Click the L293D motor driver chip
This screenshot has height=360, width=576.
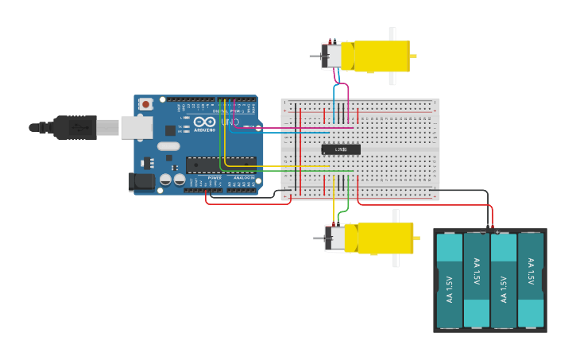click(x=341, y=149)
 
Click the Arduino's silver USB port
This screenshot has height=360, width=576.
click(x=136, y=127)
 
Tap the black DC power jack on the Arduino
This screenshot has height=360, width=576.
click(x=141, y=182)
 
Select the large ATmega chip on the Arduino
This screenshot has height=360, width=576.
click(x=221, y=165)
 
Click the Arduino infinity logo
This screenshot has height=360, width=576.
click(x=203, y=122)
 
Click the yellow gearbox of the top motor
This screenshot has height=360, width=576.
click(x=381, y=56)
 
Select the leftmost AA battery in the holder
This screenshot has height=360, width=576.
click(x=450, y=281)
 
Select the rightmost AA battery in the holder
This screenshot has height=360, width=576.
click(x=531, y=281)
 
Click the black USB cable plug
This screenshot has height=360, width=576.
click(x=75, y=127)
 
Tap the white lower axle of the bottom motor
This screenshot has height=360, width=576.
click(x=396, y=260)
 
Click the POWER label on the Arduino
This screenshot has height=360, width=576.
click(x=215, y=178)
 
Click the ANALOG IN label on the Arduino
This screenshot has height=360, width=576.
click(x=244, y=178)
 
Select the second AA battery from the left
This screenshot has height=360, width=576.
click(x=477, y=281)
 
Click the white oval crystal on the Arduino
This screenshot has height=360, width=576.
click(x=168, y=146)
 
